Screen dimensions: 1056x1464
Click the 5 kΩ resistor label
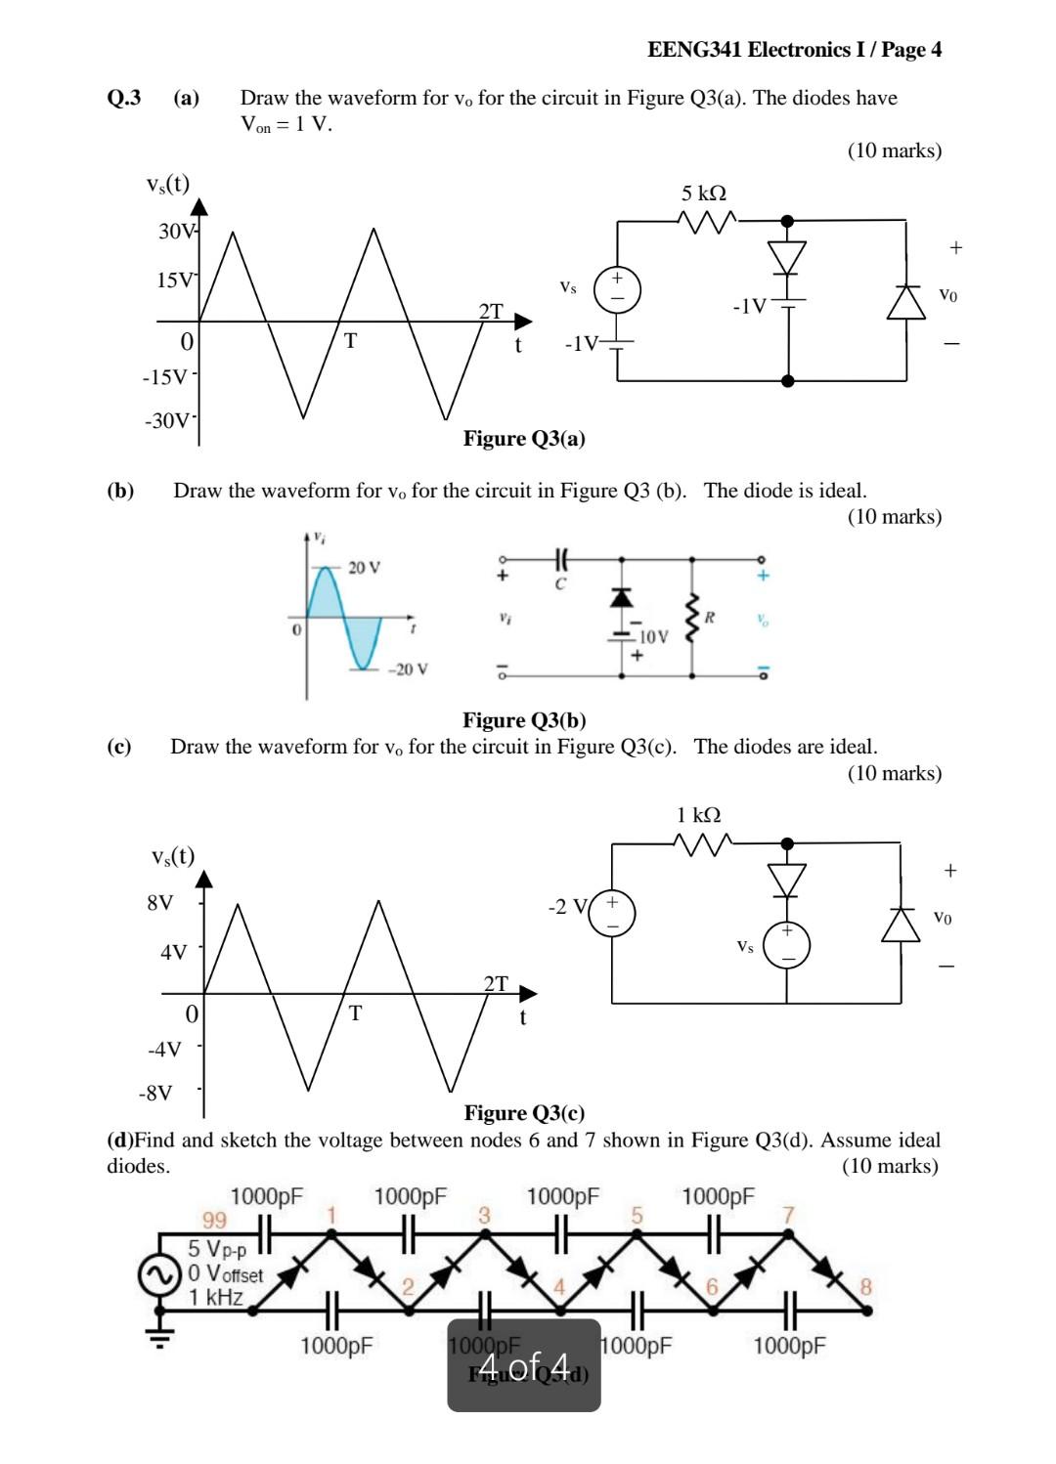[x=704, y=194]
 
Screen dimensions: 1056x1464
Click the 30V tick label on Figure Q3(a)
[x=177, y=232]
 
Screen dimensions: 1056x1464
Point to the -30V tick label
[x=168, y=421]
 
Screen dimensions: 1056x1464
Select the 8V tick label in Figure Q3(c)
[x=160, y=902]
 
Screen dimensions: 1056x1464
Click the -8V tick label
[x=156, y=1092]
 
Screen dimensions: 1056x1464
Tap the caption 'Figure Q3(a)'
[x=524, y=438]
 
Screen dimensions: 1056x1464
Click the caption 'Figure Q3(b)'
[x=524, y=720]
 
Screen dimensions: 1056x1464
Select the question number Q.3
[x=124, y=98]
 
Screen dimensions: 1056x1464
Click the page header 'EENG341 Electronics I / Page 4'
[x=794, y=50]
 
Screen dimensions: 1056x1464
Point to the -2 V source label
[x=566, y=907]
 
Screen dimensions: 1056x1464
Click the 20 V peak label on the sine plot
[x=364, y=568]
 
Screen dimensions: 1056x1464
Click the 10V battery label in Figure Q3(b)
[x=653, y=637]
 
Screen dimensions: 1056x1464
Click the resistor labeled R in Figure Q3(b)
[x=693, y=617]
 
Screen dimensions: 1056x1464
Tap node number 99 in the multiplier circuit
[x=213, y=1220]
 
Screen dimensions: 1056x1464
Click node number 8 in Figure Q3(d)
[x=864, y=1286]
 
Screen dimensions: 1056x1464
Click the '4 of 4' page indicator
[x=524, y=1363]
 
